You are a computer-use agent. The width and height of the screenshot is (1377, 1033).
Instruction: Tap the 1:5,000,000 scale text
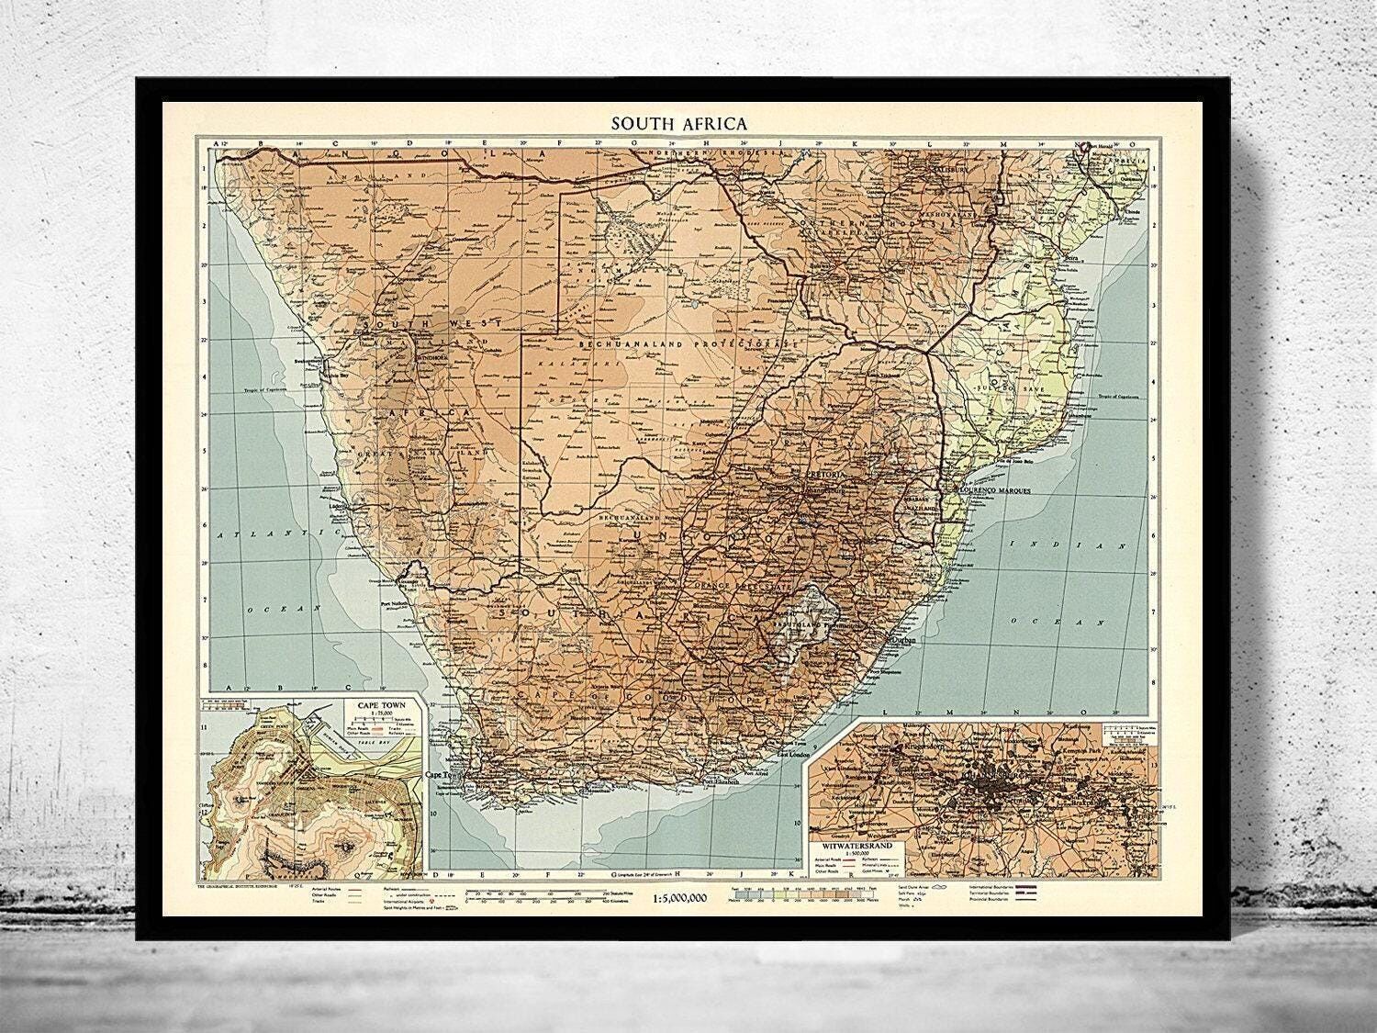pos(682,899)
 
